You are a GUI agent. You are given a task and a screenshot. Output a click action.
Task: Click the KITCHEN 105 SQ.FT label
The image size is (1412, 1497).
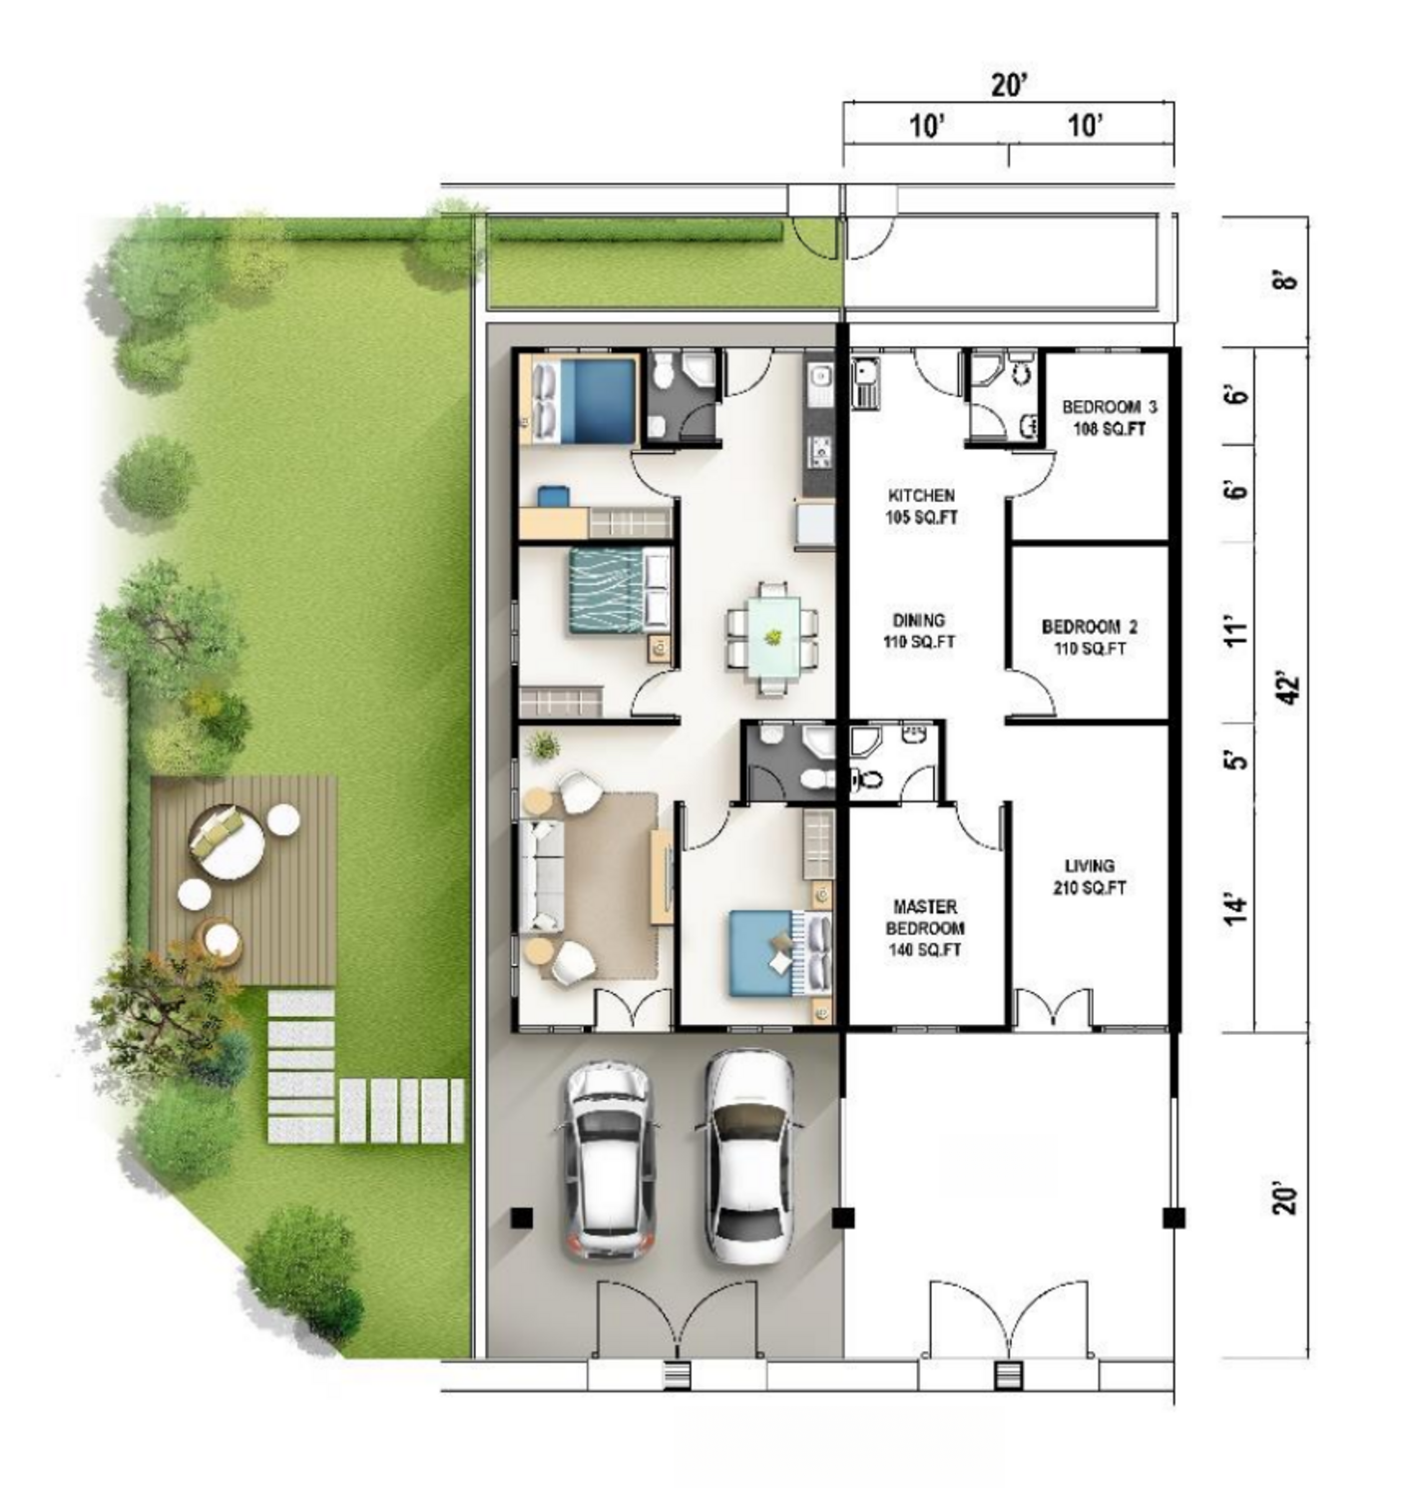coord(922,507)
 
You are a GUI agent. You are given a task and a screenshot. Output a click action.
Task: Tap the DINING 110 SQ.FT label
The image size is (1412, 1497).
coord(919,631)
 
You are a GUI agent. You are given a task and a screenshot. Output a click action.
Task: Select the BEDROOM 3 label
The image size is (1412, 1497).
coord(1109,407)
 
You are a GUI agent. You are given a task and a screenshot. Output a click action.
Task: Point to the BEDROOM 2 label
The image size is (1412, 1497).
coord(1090,627)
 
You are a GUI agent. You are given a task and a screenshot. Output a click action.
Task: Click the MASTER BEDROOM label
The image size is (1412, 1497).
coord(925,916)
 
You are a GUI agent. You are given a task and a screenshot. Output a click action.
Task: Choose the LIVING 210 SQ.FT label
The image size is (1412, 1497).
coord(1090,876)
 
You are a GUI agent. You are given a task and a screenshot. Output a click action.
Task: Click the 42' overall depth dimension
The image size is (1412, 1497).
coord(1289,689)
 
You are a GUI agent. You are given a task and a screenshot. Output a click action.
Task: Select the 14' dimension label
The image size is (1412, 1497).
coord(1233,909)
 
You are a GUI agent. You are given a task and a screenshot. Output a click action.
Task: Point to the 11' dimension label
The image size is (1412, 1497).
coord(1234,632)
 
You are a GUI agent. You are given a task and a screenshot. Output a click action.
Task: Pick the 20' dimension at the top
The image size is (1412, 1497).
coord(1010,85)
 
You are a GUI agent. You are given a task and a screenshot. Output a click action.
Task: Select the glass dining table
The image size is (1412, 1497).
coord(772,637)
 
